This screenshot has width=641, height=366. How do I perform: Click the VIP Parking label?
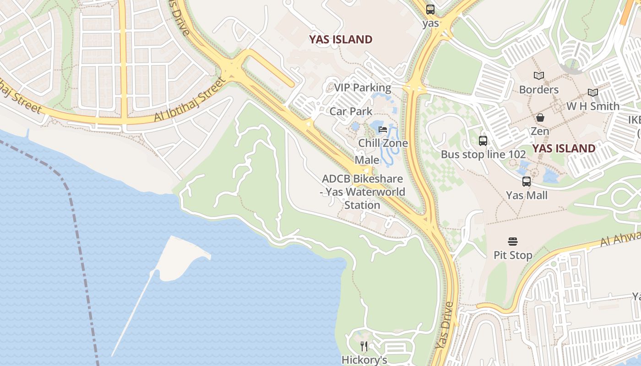click(362, 87)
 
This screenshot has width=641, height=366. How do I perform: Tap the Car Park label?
click(351, 111)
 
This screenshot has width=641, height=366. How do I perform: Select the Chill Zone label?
click(383, 143)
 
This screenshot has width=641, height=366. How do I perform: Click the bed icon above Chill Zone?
click(383, 129)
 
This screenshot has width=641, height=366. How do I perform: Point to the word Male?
click(367, 160)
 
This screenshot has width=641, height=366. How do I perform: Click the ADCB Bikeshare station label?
click(362, 192)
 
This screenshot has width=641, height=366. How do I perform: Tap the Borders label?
click(538, 89)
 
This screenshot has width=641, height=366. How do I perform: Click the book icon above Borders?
click(539, 76)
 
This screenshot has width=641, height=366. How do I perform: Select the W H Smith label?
click(593, 106)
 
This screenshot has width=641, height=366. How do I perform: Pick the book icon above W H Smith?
click(593, 93)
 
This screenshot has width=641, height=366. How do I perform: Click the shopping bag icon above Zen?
click(540, 118)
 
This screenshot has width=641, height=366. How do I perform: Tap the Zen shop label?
click(540, 131)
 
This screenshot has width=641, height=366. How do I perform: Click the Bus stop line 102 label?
click(483, 154)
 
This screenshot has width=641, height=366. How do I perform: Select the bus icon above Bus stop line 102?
click(483, 141)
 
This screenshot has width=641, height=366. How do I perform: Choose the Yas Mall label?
click(527, 195)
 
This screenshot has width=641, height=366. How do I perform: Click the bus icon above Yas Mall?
click(527, 182)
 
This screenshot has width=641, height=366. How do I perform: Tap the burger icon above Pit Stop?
click(513, 242)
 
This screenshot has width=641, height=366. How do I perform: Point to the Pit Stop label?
click(513, 255)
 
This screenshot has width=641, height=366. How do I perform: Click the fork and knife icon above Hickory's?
click(364, 346)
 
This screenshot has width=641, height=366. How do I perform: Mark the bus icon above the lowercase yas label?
click(430, 9)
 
